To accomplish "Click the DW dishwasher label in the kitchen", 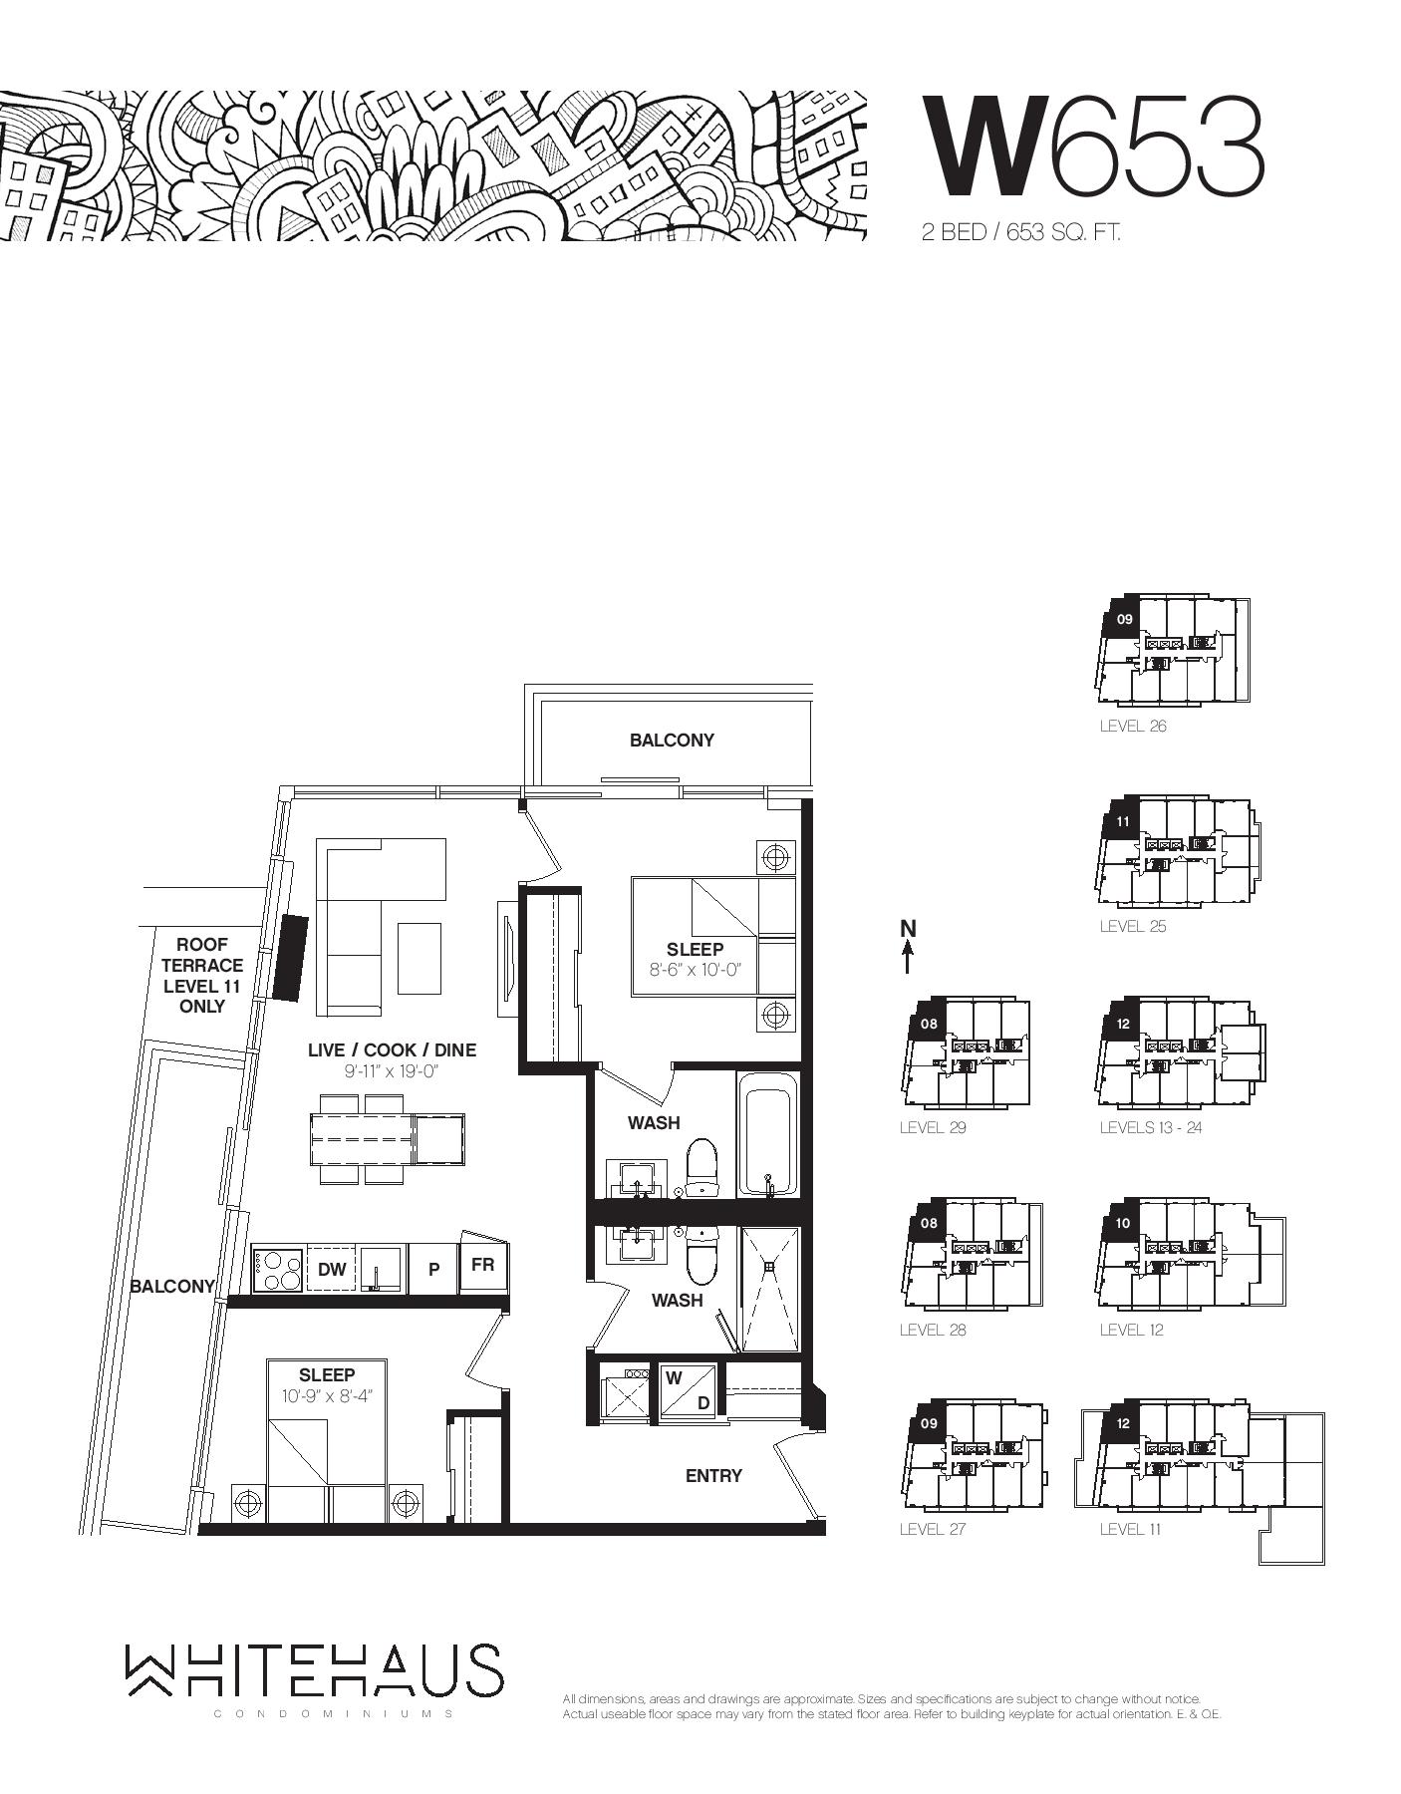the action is coord(332,1269).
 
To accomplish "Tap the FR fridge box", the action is coord(483,1266).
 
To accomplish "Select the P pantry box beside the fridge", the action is coord(433,1269).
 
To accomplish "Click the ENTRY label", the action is coord(713,1475).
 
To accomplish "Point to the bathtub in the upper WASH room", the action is coord(768,1134).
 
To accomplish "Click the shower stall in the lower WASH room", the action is coord(769,1289).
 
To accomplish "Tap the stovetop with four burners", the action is coord(278,1269).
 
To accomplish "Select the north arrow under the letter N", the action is coord(908,958).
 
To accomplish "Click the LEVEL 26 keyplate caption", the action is coord(1133,726).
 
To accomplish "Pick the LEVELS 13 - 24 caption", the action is coord(1154,1127).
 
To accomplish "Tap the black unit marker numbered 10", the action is coord(1124,1223).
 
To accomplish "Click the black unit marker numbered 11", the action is coord(1123,821).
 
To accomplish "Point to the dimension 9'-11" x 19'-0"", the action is coord(392,1071).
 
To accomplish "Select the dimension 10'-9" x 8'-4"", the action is coord(326,1396).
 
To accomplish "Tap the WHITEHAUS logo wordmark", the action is coord(314,1669).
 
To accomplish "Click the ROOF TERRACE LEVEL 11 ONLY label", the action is coord(202,975).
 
